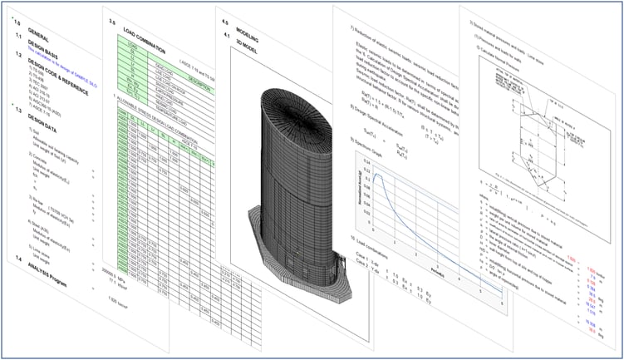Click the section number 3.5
[114, 27]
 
